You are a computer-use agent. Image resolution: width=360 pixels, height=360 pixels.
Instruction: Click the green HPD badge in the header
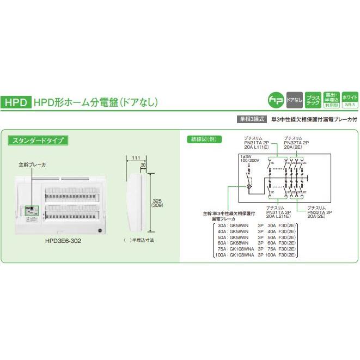click(17, 102)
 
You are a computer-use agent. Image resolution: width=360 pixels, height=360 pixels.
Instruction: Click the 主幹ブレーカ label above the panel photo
click(32, 163)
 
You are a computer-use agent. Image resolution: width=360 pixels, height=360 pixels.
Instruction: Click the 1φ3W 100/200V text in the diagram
click(249, 160)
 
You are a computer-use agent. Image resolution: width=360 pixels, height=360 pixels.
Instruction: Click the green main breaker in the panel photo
click(32, 210)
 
